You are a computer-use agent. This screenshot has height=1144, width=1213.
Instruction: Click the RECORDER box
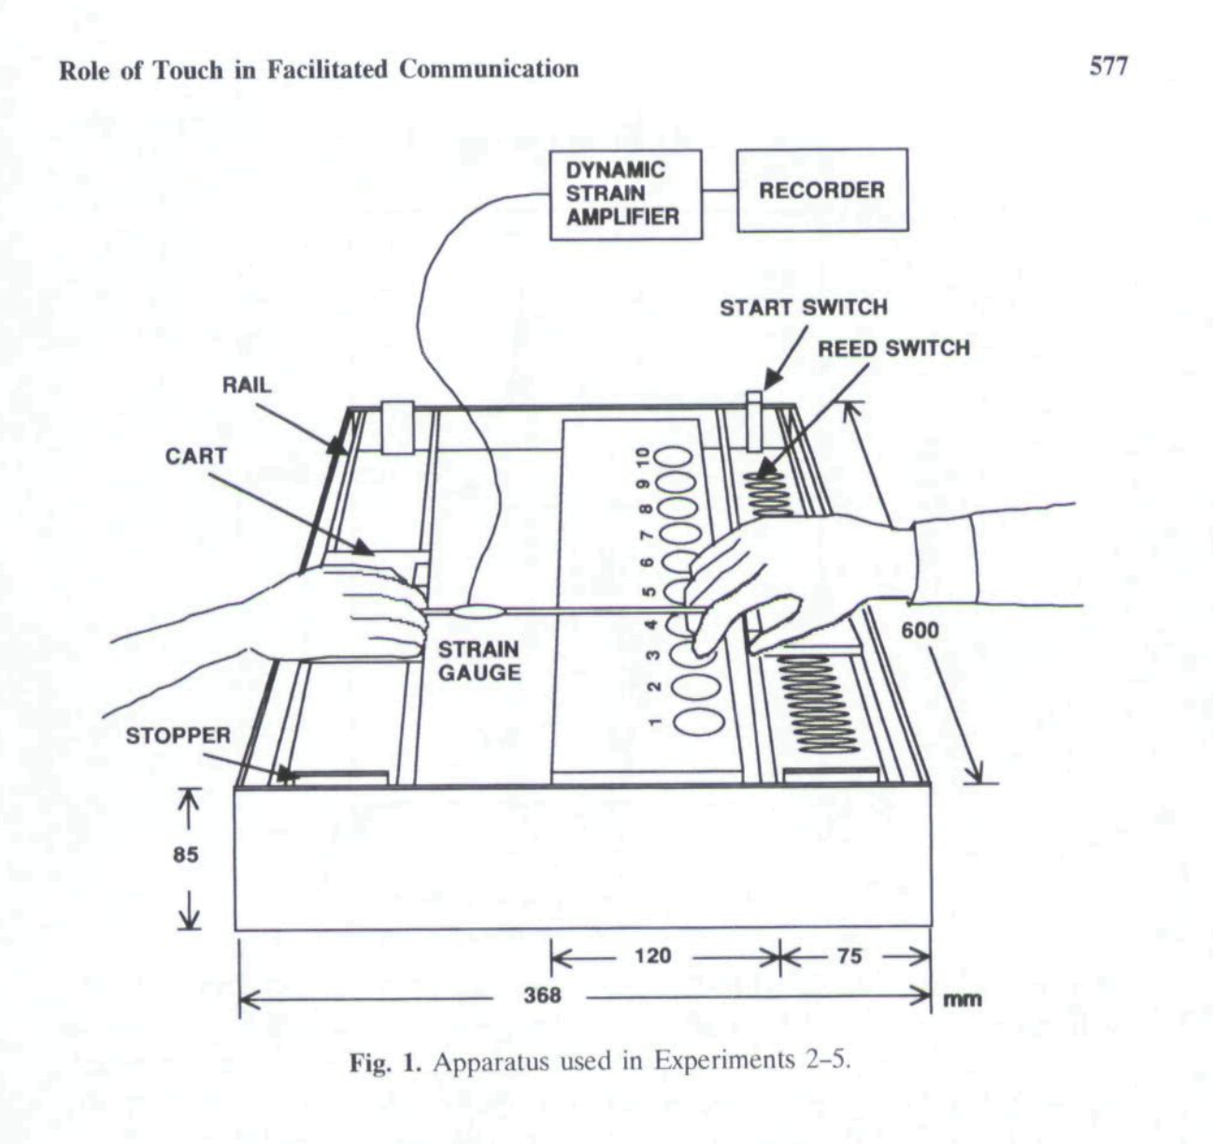pos(821,191)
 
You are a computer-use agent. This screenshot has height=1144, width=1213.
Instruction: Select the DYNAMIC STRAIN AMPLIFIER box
pos(624,193)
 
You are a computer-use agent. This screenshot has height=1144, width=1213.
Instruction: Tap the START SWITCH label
pos(803,307)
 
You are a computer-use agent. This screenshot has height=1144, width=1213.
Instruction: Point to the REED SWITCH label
pos(893,349)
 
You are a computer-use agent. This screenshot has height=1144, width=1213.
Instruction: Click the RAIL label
pos(247,385)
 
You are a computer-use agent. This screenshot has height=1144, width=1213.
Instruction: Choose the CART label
pos(195,456)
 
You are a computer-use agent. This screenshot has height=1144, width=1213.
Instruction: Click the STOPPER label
pos(178,736)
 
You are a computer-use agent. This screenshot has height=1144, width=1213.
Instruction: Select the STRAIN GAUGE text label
pos(478,660)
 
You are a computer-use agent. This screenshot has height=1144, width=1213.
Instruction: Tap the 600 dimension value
pos(920,631)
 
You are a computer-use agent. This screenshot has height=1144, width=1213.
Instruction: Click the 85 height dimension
pos(186,854)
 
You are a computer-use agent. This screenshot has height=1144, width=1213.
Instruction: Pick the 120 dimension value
pos(652,955)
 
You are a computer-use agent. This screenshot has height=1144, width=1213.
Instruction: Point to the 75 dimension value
pos(849,955)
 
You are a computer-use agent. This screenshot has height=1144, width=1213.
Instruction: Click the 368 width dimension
pos(542,994)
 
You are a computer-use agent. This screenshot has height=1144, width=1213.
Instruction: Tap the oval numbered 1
pos(698,721)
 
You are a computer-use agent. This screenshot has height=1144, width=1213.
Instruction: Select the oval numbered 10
pos(673,458)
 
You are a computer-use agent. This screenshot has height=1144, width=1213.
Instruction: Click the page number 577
pos(1108,66)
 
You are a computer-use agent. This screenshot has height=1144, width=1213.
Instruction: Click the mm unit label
pos(962,999)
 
